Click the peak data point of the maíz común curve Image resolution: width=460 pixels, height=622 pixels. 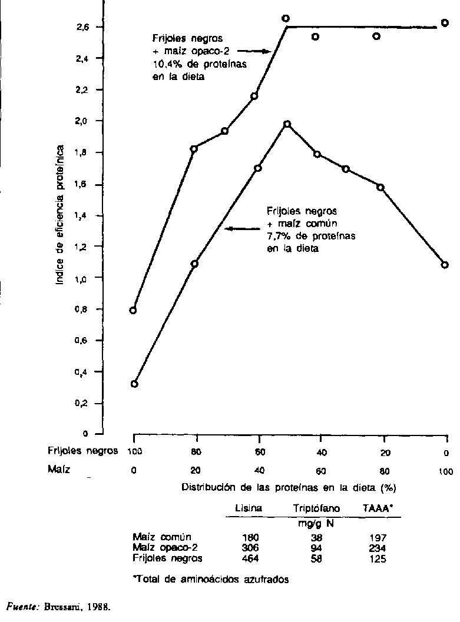(287, 124)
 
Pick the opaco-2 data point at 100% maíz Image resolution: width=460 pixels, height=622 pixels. (445, 23)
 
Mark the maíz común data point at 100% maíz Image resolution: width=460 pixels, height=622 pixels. (445, 265)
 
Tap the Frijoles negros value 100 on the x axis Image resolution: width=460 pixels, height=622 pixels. (134, 451)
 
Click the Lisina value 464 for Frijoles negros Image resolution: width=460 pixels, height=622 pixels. (250, 558)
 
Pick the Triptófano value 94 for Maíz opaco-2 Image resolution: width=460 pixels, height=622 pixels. (316, 548)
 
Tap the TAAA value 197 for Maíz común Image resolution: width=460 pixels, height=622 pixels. (378, 538)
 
